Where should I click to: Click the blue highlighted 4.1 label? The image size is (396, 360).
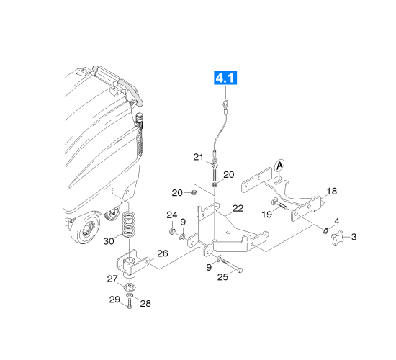[225, 78]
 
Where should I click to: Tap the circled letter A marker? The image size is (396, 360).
[279, 166]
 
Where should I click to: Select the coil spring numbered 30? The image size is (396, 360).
[129, 225]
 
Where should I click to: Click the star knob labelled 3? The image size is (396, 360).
[338, 238]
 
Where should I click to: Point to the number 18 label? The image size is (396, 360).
[332, 192]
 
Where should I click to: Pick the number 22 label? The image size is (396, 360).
[238, 208]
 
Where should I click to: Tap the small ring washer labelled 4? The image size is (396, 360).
[325, 230]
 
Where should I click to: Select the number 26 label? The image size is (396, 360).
[163, 253]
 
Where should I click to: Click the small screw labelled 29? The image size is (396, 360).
[130, 303]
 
